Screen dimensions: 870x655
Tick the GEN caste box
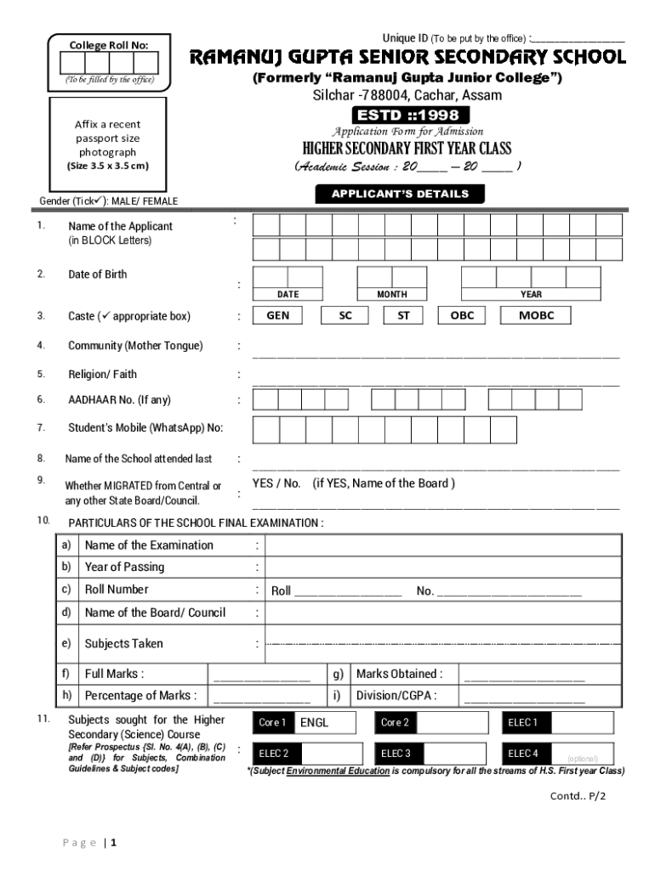[x=278, y=315]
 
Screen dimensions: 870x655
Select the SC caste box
[x=345, y=315]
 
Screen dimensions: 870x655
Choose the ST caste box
[x=403, y=315]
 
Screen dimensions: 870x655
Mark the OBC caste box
[x=462, y=315]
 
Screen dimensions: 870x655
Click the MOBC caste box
[x=537, y=315]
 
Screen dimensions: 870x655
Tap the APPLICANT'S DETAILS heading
[x=400, y=194]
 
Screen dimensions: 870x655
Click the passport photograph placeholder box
[x=107, y=145]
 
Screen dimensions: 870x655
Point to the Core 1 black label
[x=272, y=723]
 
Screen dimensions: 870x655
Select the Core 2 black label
[x=395, y=723]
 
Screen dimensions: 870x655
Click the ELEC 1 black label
[x=523, y=723]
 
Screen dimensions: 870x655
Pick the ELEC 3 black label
[x=396, y=754]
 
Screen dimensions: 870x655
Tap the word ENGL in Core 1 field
[x=314, y=723]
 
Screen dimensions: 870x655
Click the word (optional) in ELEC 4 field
[x=583, y=759]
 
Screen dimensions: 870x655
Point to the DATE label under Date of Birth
[x=288, y=294]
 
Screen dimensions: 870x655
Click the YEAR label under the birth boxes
[x=531, y=294]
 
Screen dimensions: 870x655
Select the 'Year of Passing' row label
[x=124, y=567]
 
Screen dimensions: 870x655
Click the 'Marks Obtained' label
[x=398, y=674]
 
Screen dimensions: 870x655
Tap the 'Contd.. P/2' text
[x=578, y=796]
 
